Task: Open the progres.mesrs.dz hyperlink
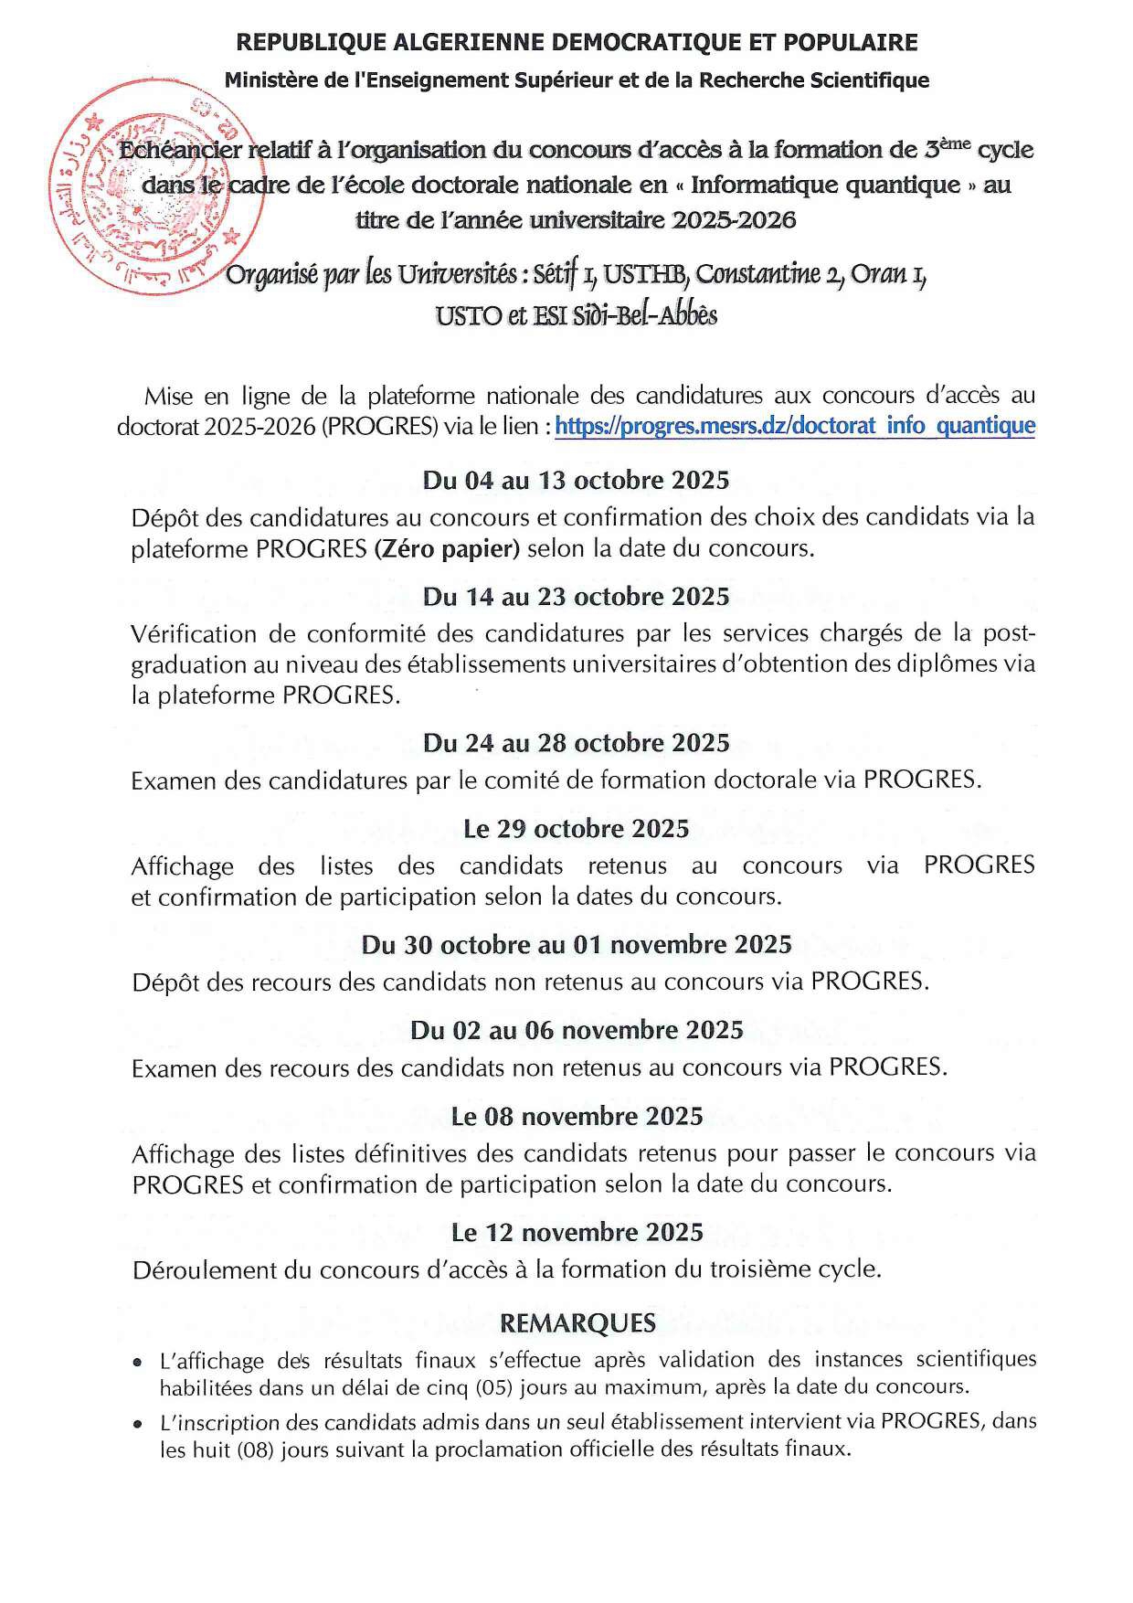795,426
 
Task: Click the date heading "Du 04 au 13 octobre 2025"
576,481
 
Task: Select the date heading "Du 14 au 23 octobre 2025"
576,597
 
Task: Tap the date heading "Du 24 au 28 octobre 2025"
576,743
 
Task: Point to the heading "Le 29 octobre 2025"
576,829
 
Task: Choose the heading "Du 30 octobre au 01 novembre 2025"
576,944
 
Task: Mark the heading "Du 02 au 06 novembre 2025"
576,1030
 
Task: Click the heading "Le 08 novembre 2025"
576,1116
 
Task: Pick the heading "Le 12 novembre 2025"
576,1232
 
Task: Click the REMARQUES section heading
577,1322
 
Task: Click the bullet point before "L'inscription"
137,1424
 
